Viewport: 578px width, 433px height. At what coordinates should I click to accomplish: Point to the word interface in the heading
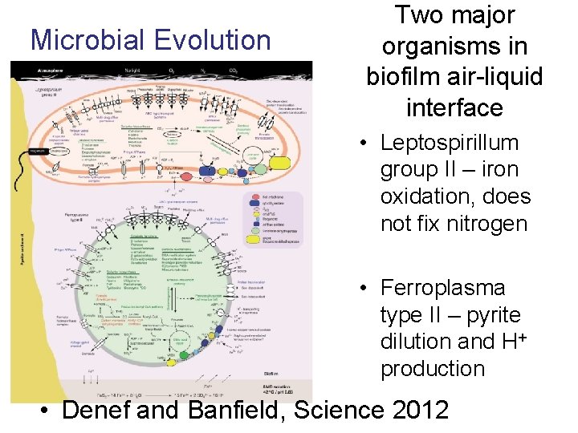[x=454, y=107]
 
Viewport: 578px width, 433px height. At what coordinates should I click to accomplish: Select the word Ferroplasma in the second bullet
[x=442, y=288]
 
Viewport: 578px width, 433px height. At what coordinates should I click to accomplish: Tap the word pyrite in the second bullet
[x=489, y=315]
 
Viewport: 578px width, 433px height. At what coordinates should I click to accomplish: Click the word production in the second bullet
[x=433, y=369]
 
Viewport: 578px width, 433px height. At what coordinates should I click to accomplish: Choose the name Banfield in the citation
[x=238, y=411]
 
